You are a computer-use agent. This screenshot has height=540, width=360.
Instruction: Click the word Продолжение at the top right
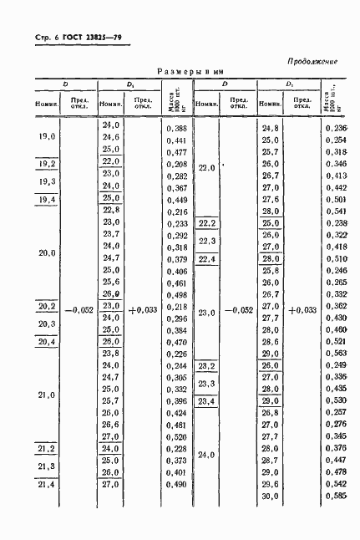tap(312, 60)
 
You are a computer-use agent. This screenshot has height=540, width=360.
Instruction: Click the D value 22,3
tap(206, 242)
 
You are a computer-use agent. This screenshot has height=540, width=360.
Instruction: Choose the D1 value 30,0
tap(270, 497)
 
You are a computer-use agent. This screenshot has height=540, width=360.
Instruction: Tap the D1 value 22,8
tap(110, 211)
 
